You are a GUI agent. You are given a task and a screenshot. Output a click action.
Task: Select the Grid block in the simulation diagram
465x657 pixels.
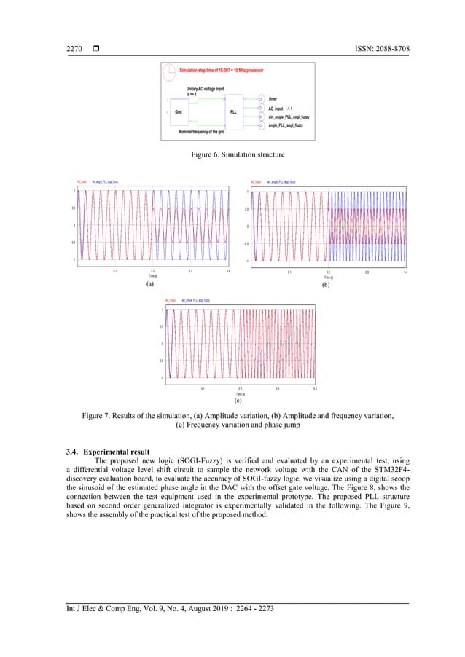[x=179, y=112]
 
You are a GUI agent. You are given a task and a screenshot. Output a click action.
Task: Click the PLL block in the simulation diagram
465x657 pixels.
[x=233, y=112]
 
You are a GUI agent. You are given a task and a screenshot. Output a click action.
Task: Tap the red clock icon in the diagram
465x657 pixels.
[x=170, y=72]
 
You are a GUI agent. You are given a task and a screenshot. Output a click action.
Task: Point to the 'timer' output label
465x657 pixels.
[x=273, y=98]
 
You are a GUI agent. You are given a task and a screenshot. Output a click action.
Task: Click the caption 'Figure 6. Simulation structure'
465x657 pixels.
[x=232, y=154]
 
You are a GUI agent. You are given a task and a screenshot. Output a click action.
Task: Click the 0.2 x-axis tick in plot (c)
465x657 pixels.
[x=241, y=390]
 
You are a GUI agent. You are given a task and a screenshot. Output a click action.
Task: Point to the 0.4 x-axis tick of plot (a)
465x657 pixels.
[x=229, y=272]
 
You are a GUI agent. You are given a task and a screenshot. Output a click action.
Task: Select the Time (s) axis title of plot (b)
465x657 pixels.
[x=328, y=278]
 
